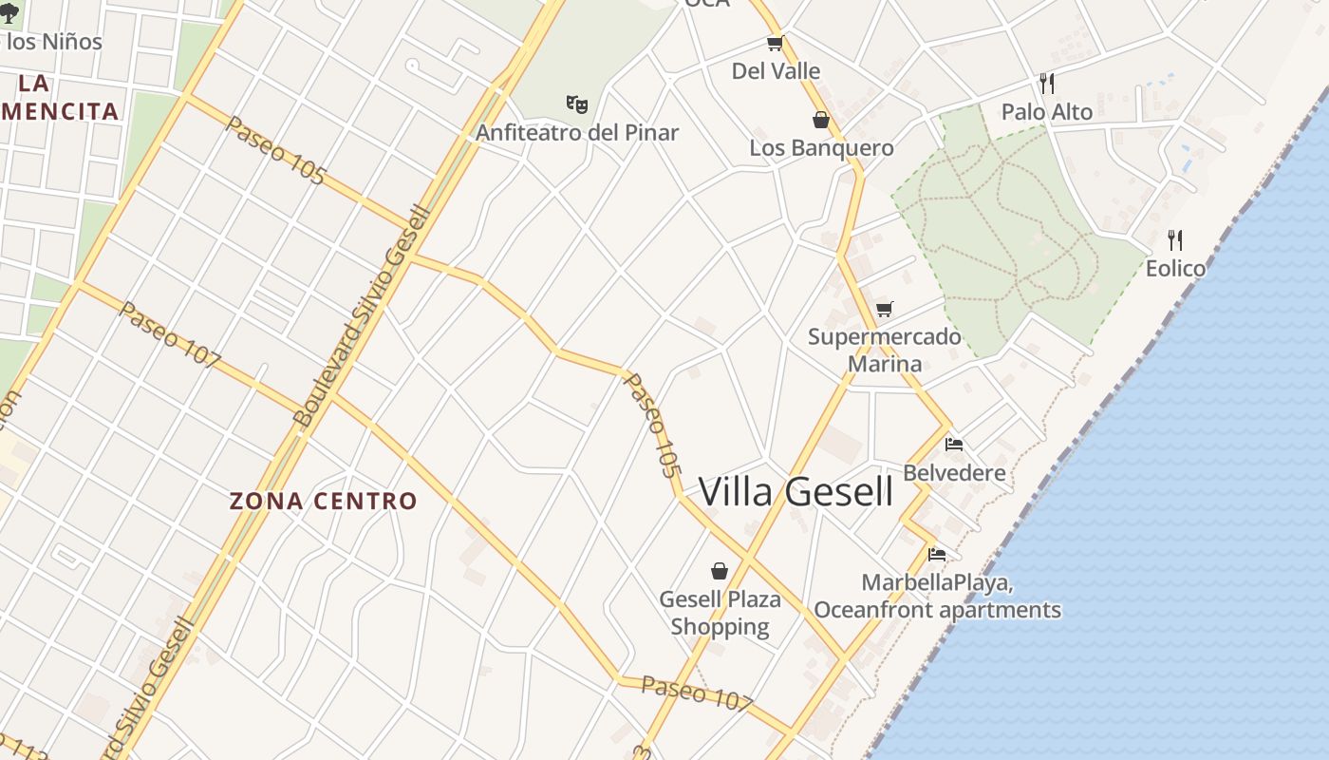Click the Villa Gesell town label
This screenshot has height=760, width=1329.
(796, 491)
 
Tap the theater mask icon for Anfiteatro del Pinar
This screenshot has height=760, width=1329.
(577, 104)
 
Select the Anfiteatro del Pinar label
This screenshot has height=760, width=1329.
(577, 132)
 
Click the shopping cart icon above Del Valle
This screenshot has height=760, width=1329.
(776, 43)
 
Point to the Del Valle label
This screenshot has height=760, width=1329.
(776, 70)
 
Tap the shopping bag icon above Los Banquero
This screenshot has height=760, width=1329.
(821, 120)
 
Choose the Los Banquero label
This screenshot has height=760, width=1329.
(821, 147)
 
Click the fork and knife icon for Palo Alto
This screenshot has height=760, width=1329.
(1047, 84)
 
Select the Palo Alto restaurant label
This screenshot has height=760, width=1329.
(1047, 111)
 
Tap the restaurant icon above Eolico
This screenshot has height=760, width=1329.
(1175, 239)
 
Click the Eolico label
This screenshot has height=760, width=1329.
(1175, 268)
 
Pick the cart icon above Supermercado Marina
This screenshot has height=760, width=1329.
(885, 309)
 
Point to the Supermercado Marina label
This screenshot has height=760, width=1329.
(885, 350)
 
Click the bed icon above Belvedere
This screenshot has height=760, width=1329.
(954, 444)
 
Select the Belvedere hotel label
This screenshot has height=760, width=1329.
(954, 472)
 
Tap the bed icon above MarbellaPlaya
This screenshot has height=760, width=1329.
(937, 554)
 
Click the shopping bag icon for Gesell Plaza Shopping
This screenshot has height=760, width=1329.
(720, 571)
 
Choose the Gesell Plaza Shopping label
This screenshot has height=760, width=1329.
(720, 613)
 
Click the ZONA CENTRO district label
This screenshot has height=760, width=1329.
(324, 501)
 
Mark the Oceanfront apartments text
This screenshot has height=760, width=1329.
(937, 609)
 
